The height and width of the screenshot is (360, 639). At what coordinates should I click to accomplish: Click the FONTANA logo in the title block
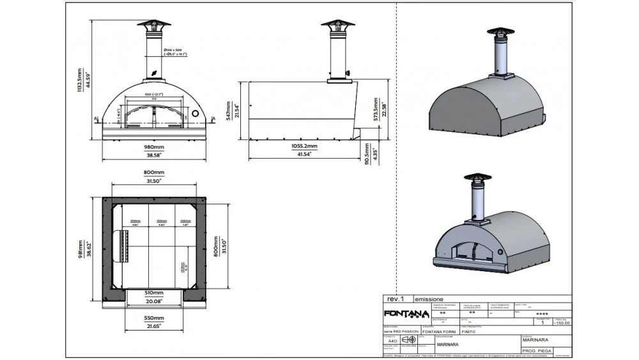[x=404, y=313]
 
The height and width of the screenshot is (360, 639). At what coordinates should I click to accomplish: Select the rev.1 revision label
[x=396, y=299]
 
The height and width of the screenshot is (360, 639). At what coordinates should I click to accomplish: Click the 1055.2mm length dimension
[x=304, y=146]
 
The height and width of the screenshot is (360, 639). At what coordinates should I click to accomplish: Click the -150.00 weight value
[x=562, y=324]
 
